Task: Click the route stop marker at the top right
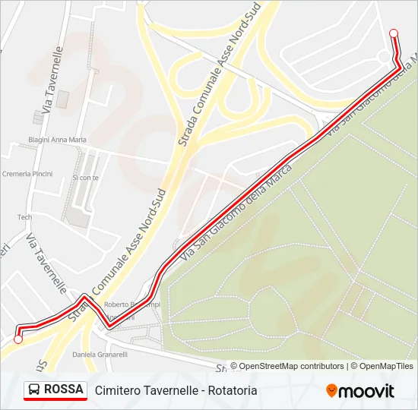pos(394,33)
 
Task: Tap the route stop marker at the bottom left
pos(18,339)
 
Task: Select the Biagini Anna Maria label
pos(57,140)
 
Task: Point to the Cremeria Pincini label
pos(27,174)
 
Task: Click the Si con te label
pos(85,178)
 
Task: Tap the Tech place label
pos(25,217)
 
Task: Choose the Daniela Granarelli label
pos(99,355)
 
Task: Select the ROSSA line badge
pos(55,389)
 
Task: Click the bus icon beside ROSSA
pos(34,390)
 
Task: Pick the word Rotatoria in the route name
pos(232,390)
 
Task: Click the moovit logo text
pos(366,391)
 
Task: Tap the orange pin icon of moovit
pos(331,391)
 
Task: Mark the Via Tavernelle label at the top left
pos(52,76)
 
